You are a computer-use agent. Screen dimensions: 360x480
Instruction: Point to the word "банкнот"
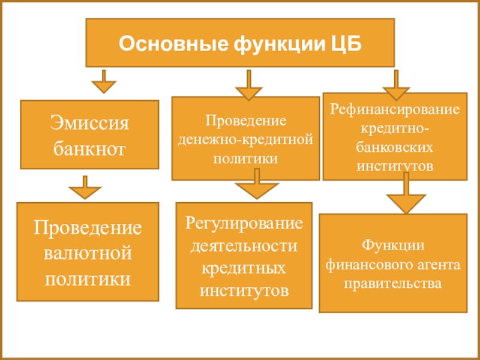[x=90, y=148]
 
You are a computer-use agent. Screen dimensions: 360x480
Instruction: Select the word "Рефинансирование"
[x=395, y=110]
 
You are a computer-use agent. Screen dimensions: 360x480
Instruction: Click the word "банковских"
[x=395, y=146]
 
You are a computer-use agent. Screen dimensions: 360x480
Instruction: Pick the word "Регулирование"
[x=244, y=224]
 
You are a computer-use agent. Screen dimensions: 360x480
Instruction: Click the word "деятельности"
[x=244, y=246]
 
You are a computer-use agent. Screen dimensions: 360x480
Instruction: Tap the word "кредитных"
[x=244, y=268]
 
